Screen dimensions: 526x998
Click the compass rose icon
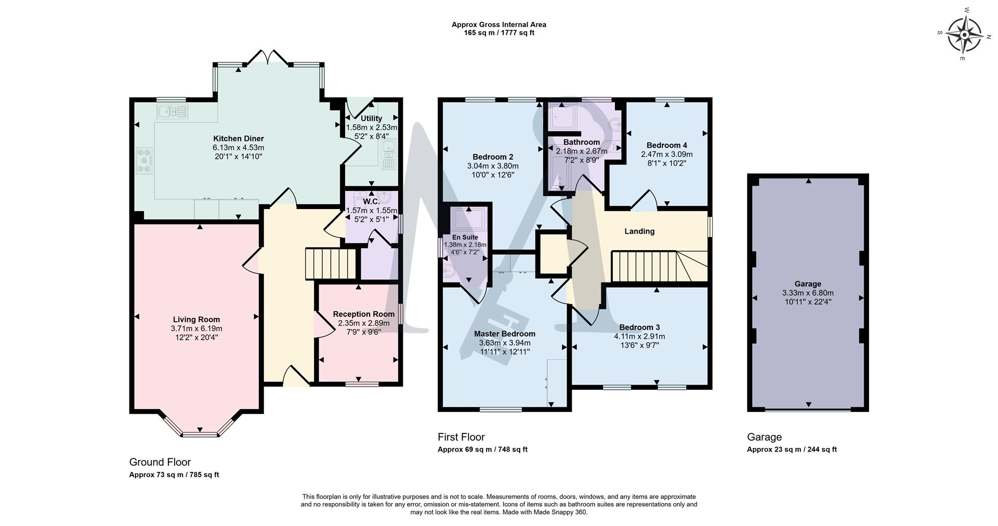coord(964,35)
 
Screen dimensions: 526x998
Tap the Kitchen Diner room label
coord(239,138)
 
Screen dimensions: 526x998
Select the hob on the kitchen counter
coord(143,160)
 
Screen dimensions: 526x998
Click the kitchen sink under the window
coord(172,111)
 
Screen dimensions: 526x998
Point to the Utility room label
coord(371,119)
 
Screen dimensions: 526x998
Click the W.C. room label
coord(371,201)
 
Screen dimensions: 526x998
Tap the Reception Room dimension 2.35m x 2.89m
coord(363,323)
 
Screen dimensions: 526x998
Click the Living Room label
coord(196,319)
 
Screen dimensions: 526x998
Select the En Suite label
coord(465,237)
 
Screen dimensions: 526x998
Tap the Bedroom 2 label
coord(493,157)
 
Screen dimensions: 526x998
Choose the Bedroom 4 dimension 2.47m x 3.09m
coord(667,155)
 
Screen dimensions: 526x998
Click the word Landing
coord(639,232)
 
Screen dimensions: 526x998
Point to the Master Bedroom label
coord(504,334)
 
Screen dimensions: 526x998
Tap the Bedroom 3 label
coord(639,327)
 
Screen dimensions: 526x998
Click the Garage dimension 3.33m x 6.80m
coord(808,293)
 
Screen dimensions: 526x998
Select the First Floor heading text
coord(461,437)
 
